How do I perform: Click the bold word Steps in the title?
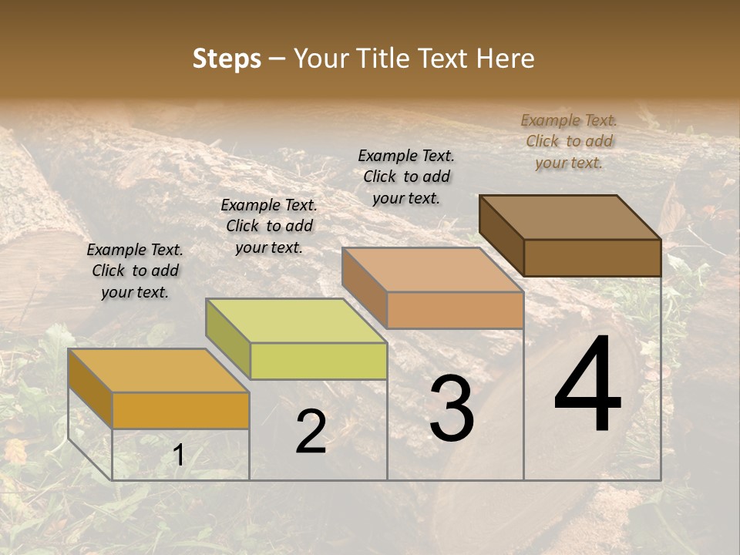tap(227, 59)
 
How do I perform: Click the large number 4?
tap(587, 385)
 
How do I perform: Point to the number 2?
tap(311, 432)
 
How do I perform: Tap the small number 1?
tap(178, 456)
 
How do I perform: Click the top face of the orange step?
tap(158, 371)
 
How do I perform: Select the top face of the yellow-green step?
tap(296, 321)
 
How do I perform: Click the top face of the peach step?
tap(432, 271)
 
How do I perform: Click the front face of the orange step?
tap(180, 411)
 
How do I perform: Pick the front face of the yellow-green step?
tap(318, 361)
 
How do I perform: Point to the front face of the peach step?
tap(455, 311)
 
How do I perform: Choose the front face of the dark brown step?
tap(592, 257)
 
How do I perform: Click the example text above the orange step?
tap(135, 271)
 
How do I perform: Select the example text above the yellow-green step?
tap(269, 226)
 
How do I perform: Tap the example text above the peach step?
tap(406, 177)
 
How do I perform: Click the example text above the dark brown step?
tap(569, 141)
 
